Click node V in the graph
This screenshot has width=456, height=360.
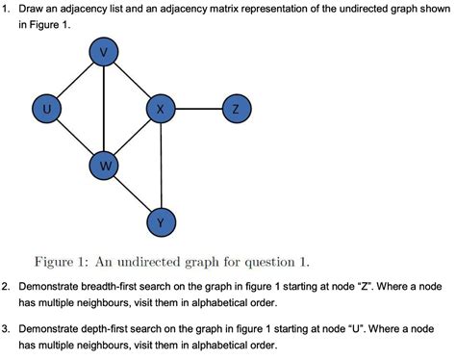(x=103, y=54)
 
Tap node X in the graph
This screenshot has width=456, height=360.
(x=161, y=111)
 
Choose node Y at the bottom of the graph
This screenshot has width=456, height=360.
(x=161, y=222)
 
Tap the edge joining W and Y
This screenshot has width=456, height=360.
(x=132, y=195)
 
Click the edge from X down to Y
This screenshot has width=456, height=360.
(x=161, y=167)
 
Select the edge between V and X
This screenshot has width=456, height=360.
(x=132, y=82)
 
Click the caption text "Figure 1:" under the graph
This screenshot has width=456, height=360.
(x=63, y=259)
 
